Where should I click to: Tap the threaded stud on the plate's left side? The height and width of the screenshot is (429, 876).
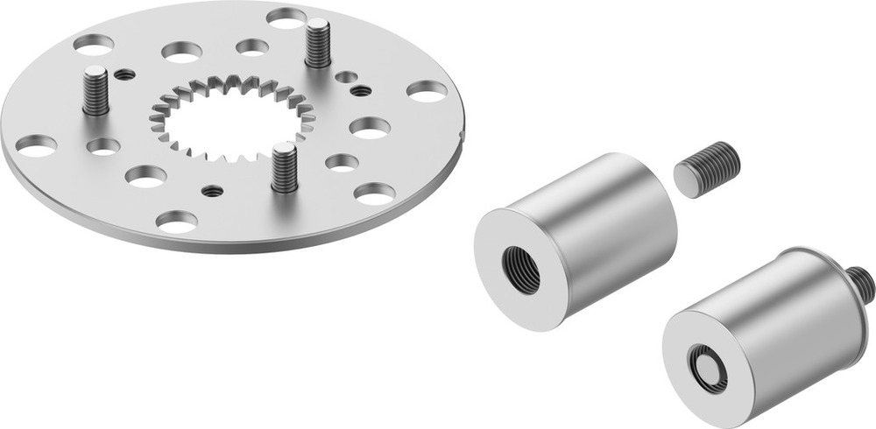95,91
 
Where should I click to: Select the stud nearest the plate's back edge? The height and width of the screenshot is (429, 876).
317,44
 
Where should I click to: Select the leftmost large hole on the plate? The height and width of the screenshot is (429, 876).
36,145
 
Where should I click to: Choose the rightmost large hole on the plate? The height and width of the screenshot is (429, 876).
427,90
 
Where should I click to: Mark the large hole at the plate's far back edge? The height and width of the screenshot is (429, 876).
286,17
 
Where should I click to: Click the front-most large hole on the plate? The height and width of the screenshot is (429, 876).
177,221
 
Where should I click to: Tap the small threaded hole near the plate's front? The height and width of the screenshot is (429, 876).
211,190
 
